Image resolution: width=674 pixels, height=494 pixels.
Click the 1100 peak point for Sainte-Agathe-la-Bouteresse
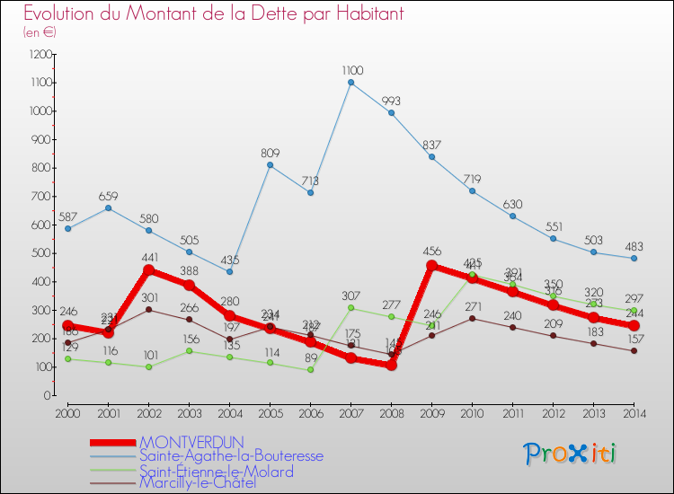point(350,83)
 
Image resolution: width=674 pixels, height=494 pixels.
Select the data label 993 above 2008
point(391,101)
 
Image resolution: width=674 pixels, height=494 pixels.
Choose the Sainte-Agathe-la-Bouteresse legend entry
point(231,455)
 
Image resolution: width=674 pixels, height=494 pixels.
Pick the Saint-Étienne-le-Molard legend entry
point(216,471)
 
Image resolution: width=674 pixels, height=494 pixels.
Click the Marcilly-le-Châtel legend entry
point(197,483)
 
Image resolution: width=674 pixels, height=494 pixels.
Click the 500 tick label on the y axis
point(40,253)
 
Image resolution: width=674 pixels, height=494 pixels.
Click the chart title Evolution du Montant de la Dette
point(213,14)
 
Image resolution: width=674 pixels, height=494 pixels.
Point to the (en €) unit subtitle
point(40,32)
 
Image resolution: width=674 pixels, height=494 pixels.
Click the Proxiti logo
point(571,454)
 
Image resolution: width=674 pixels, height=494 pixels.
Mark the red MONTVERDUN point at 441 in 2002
point(148,270)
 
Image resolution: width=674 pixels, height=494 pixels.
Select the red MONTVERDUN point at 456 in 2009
point(431,266)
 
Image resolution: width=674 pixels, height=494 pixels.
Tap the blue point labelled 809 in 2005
point(270,165)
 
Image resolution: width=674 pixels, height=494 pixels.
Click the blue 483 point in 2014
point(634,258)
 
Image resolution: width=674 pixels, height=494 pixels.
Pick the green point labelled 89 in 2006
point(310,370)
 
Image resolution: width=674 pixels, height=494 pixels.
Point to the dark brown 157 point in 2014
point(634,350)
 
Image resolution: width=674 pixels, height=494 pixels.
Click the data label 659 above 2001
point(108,196)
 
